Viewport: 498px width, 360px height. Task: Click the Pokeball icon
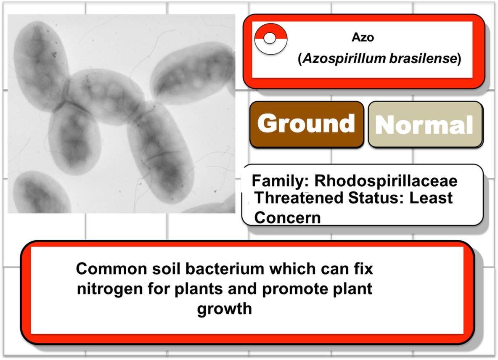tap(271, 39)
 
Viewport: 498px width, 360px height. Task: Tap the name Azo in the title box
tap(363, 37)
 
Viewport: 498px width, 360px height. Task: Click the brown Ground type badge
tap(307, 124)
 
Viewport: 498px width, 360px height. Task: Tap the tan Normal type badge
tap(426, 124)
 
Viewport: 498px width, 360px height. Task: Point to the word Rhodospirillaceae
tap(386, 181)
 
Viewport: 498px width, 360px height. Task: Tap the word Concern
tap(287, 218)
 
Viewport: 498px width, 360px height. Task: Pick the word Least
tap(431, 198)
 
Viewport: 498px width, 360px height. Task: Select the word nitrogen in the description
tap(110, 289)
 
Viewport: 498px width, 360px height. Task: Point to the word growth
tap(225, 309)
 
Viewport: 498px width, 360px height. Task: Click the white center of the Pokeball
tap(270, 38)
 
